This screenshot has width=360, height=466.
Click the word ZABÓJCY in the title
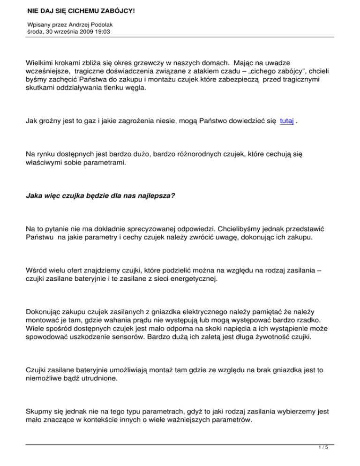116,9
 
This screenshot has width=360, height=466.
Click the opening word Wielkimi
41,62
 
